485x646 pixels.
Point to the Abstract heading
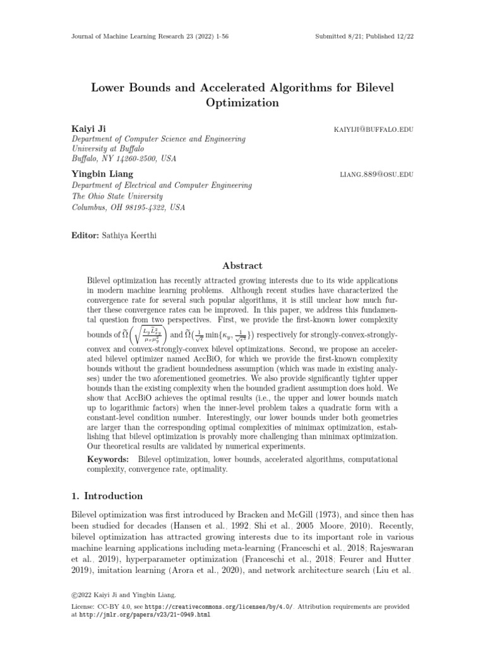242,266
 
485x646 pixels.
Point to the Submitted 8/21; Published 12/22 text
364,37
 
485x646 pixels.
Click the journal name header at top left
149,37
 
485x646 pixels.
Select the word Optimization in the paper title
242,102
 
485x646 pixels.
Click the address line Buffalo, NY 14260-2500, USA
124,159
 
